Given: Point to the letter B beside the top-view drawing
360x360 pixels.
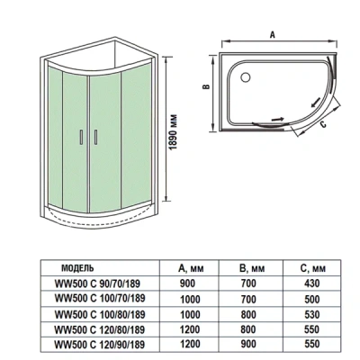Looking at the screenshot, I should point(204,88).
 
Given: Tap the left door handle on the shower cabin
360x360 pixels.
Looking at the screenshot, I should point(83,136).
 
